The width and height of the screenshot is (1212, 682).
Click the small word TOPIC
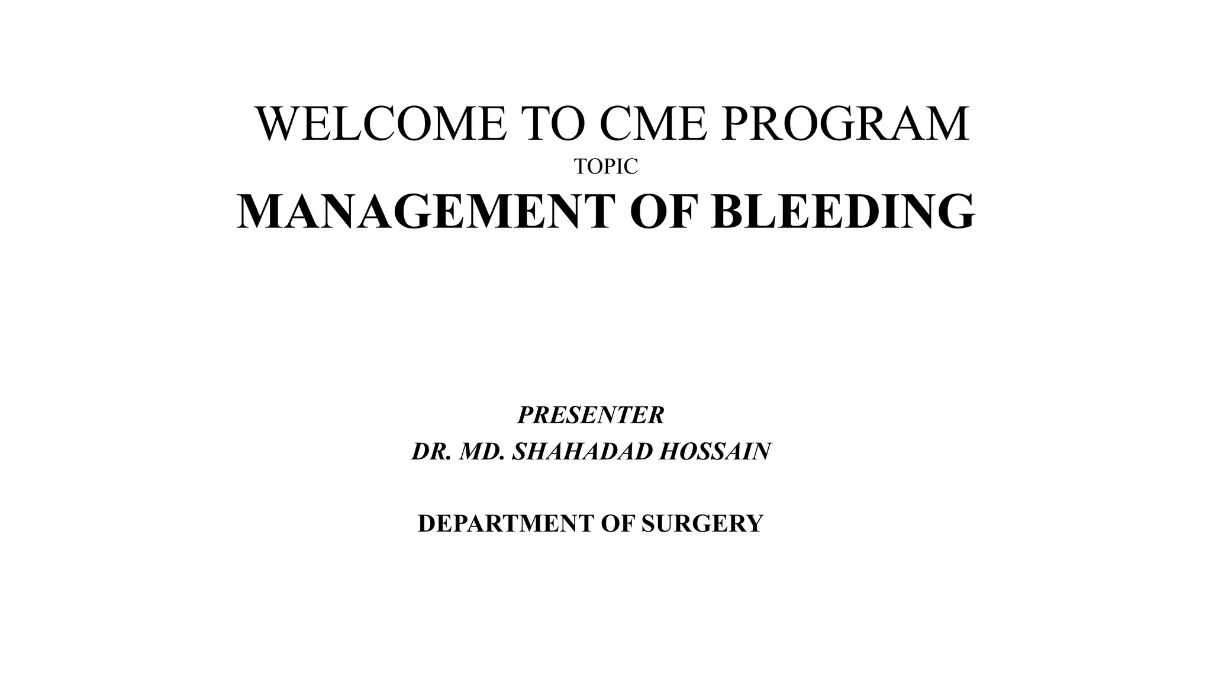[x=606, y=168]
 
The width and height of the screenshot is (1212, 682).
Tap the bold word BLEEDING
[x=843, y=211]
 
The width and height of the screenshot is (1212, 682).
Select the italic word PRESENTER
[x=591, y=415]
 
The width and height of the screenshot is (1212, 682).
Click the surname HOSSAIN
[x=715, y=452]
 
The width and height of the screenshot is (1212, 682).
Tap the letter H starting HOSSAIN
[x=668, y=452]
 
